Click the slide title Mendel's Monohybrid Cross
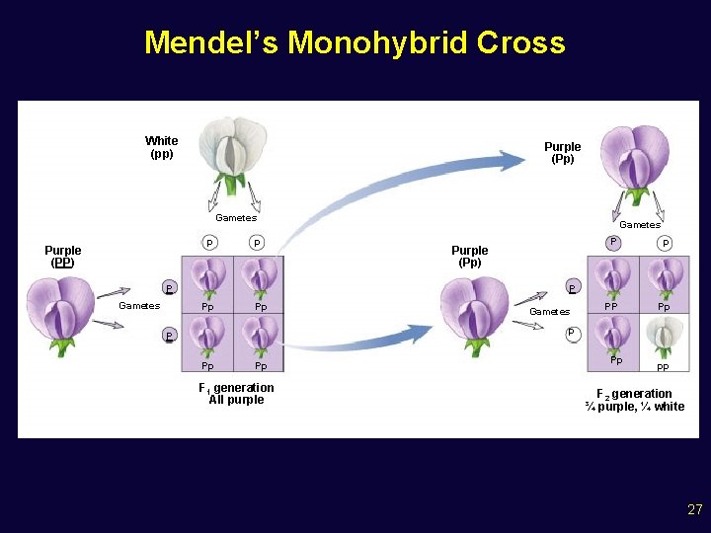click(x=355, y=42)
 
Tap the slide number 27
click(x=694, y=509)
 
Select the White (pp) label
click(x=161, y=147)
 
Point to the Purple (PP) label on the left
click(x=63, y=257)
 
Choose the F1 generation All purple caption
click(x=237, y=394)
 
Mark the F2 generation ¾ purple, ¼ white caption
click(x=634, y=400)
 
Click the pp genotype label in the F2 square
click(x=663, y=367)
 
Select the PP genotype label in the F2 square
click(x=612, y=307)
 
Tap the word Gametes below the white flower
click(x=236, y=218)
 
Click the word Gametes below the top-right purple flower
click(x=640, y=225)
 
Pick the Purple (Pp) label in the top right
click(x=563, y=153)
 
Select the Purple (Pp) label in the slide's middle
click(x=469, y=257)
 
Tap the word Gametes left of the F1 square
click(x=139, y=306)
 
